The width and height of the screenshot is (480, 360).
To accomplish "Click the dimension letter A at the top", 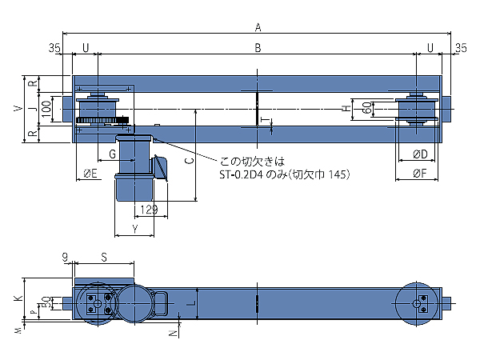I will click(x=258, y=27).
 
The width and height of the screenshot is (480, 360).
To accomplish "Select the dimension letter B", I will click(x=258, y=49).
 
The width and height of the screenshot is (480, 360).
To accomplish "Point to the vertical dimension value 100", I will click(x=46, y=108).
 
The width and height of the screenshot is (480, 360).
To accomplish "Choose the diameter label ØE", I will click(x=90, y=173).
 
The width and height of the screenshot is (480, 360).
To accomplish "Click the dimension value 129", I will click(x=146, y=210).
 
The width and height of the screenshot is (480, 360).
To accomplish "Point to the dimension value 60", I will click(x=367, y=108).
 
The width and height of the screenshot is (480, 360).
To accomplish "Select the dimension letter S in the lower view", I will click(x=104, y=257).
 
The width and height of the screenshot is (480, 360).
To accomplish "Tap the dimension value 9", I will click(x=65, y=257).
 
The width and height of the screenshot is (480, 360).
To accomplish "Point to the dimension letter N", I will click(x=171, y=330).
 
